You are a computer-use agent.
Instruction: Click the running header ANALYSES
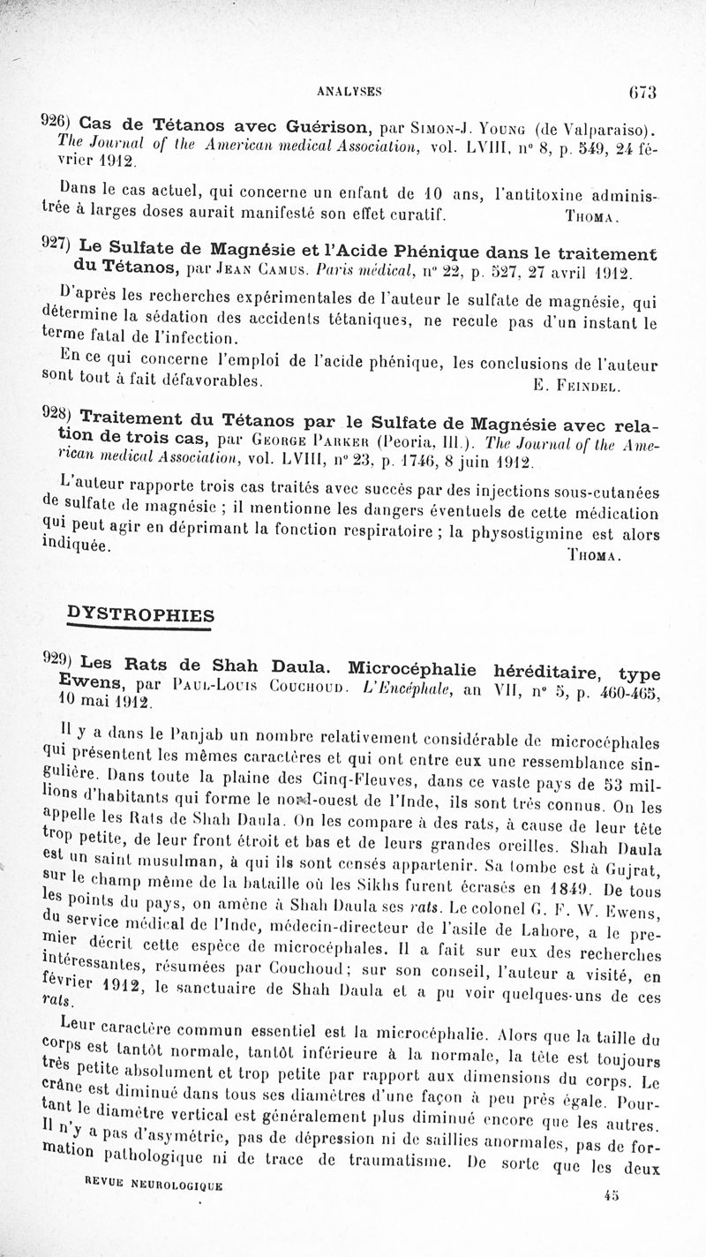(x=354, y=90)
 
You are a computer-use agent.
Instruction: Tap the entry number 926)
(x=58, y=119)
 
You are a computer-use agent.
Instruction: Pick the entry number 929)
(x=58, y=661)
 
